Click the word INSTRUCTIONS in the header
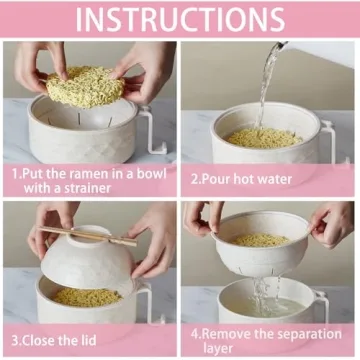click(180, 19)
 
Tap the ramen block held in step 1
click(85, 86)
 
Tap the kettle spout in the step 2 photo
click(283, 46)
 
